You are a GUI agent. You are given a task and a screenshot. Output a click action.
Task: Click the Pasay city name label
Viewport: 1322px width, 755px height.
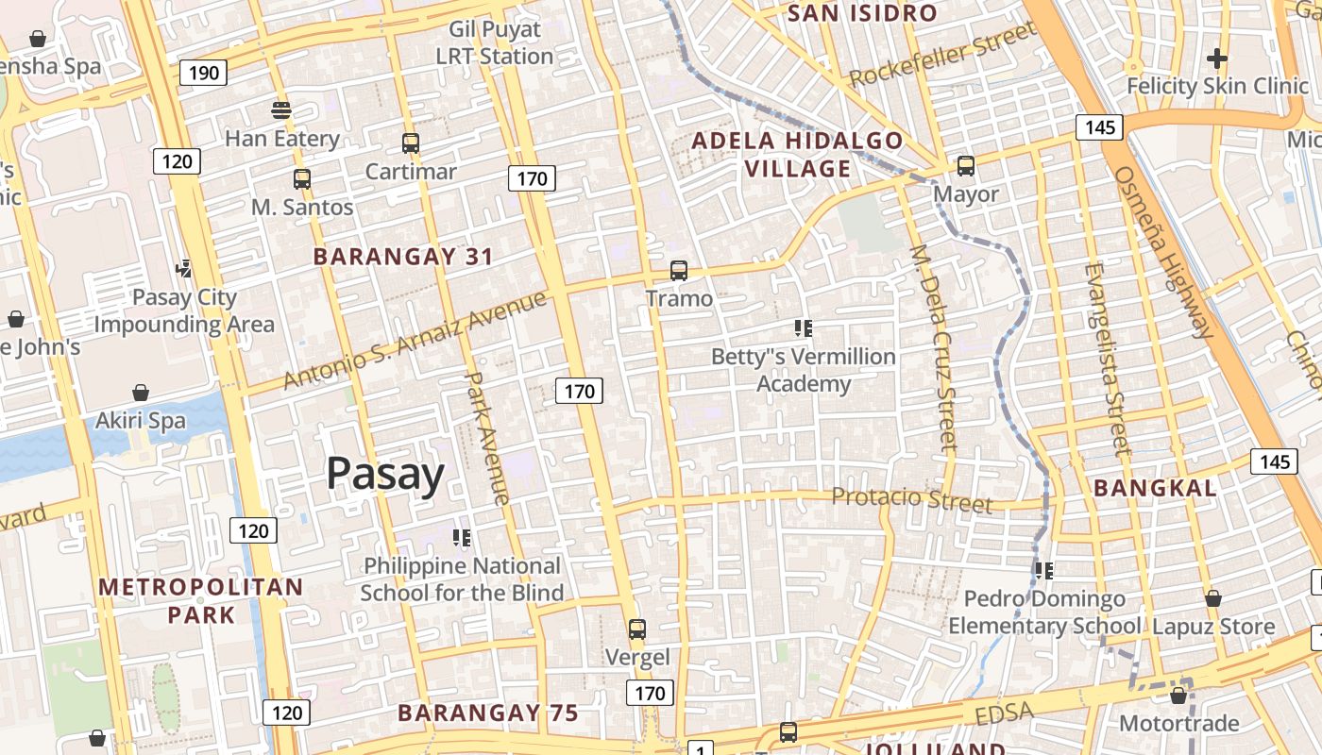pos(385,474)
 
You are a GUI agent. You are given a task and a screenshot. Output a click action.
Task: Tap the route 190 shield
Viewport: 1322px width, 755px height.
pos(203,73)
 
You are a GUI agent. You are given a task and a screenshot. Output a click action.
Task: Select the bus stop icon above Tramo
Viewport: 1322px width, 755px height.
pos(679,271)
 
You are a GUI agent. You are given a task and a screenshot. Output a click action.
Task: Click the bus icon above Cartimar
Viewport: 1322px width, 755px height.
pos(411,143)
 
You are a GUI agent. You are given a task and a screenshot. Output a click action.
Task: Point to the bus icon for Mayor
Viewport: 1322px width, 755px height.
pos(966,166)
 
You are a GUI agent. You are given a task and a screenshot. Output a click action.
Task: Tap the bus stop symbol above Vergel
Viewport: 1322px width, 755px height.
pos(637,629)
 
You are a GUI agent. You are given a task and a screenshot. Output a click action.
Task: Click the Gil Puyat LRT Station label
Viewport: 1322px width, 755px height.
pos(494,43)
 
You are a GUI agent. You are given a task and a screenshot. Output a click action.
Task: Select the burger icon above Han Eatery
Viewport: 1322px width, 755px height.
pos(281,110)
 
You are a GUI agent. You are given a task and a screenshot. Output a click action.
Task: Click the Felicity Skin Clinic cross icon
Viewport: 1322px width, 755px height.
pos(1217,59)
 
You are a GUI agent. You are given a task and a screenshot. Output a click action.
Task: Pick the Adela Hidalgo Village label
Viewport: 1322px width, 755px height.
pos(797,155)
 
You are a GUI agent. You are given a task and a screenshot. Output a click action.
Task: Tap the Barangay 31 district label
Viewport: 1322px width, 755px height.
pos(403,257)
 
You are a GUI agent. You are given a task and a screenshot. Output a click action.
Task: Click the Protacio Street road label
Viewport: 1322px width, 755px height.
pos(911,499)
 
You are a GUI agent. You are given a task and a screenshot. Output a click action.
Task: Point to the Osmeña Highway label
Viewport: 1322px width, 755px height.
pos(1163,252)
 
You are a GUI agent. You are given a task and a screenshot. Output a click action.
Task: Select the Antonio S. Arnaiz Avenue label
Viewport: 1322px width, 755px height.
pos(415,340)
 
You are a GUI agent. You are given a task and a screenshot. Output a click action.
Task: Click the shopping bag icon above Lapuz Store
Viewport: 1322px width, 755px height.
pos(1213,598)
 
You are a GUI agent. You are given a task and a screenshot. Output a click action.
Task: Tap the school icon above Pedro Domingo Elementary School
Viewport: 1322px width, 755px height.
pos(1043,570)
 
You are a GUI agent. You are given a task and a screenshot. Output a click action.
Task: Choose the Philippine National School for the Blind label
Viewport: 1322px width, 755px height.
pos(462,579)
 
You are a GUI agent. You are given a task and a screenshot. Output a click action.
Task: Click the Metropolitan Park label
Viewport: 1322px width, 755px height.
pos(201,601)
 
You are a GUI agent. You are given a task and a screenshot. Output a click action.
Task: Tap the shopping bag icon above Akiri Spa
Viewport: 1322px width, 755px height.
pos(141,392)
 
